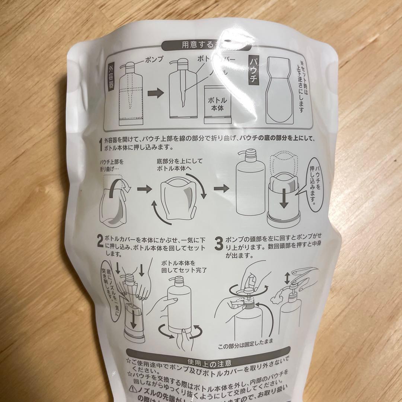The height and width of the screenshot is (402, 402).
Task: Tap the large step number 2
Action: [x=100, y=242]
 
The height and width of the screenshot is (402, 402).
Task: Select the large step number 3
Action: [x=219, y=242]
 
